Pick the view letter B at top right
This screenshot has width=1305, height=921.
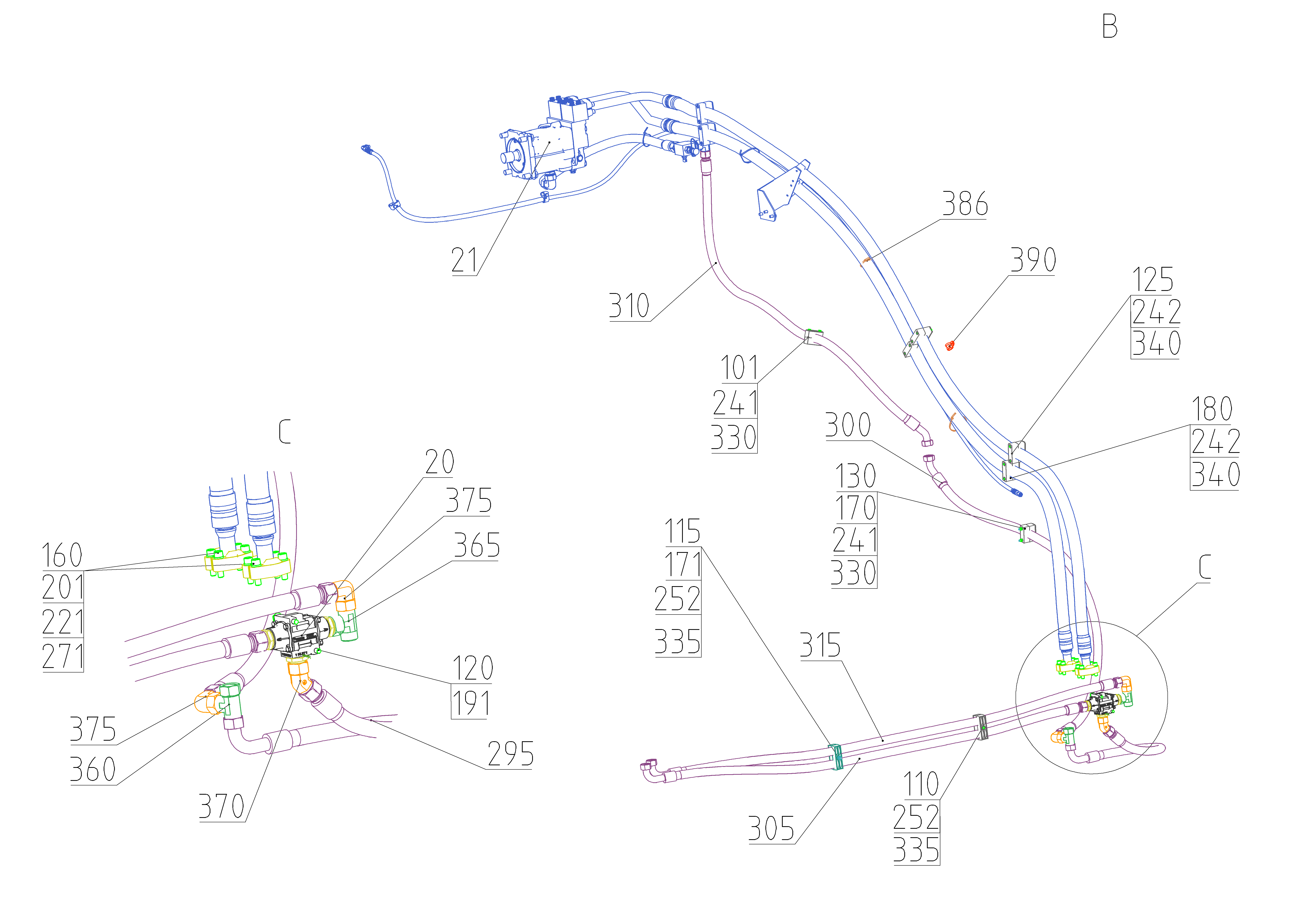pyautogui.click(x=1110, y=27)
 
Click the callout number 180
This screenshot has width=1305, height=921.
pyautogui.click(x=1212, y=409)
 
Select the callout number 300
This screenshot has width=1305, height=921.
pyautogui.click(x=848, y=425)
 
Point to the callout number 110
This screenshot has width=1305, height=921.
pyautogui.click(x=921, y=785)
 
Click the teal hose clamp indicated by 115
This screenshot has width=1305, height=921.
pyautogui.click(x=836, y=756)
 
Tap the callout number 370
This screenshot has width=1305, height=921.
pyautogui.click(x=221, y=806)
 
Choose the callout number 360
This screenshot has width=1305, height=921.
pyautogui.click(x=93, y=770)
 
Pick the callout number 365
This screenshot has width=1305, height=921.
pyautogui.click(x=476, y=546)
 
